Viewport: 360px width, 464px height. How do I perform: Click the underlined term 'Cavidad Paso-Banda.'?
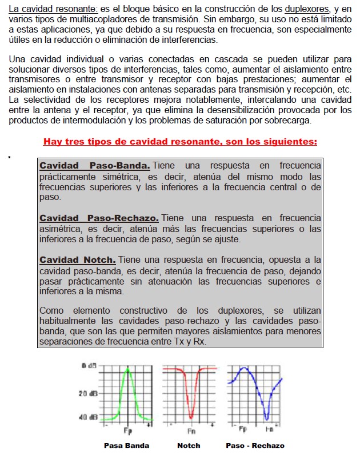(95, 166)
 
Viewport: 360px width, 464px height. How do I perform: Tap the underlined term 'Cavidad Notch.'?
(78, 259)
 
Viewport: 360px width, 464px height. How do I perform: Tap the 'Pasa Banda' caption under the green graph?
(126, 445)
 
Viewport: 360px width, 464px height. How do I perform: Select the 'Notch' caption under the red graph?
(189, 445)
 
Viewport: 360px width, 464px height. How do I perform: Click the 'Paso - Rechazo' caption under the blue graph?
(255, 445)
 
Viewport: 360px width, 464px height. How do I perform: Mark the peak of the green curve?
(129, 369)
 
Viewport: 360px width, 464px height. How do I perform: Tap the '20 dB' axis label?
(89, 393)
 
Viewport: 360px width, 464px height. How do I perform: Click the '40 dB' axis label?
(89, 417)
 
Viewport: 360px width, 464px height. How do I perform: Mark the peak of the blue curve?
(246, 369)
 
